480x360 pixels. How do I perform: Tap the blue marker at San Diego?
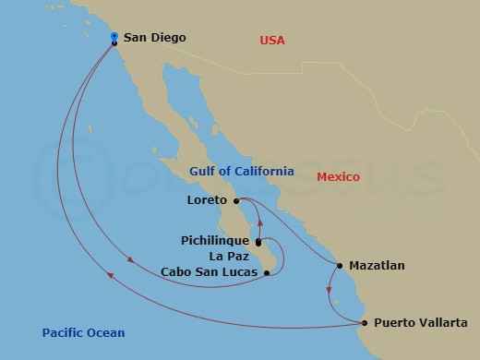(x=114, y=36)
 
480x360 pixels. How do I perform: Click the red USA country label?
(x=272, y=40)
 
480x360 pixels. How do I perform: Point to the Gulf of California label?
(x=241, y=172)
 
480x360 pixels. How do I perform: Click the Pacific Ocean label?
(x=83, y=333)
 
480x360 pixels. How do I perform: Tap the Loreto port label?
(x=209, y=199)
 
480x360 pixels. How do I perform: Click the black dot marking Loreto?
(x=236, y=200)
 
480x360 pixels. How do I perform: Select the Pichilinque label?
(x=215, y=240)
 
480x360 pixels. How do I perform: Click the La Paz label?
(x=229, y=256)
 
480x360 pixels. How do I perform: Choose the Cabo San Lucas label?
(x=209, y=272)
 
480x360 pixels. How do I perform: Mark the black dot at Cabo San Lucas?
(x=266, y=272)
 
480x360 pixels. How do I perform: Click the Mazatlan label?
(x=378, y=266)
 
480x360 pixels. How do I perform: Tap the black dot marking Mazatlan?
(x=340, y=266)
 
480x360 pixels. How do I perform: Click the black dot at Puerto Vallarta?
(x=365, y=323)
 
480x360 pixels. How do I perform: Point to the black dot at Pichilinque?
(x=258, y=243)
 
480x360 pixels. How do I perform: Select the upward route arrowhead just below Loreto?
(x=260, y=222)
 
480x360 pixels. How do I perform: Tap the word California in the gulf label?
(x=264, y=172)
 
